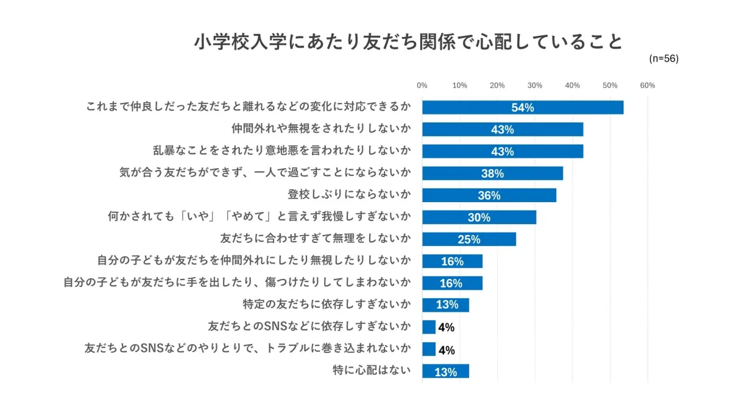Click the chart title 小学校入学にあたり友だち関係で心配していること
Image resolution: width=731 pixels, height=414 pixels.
tap(409, 42)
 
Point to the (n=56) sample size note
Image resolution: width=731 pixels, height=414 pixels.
tap(663, 59)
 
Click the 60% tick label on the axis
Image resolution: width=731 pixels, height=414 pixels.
tap(648, 86)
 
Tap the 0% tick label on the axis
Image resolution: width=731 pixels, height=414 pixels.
tap(422, 86)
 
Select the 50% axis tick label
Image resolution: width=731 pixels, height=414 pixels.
tap(610, 86)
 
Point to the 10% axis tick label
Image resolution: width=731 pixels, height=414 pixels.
tap(460, 86)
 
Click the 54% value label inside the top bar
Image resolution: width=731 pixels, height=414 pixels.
tap(523, 108)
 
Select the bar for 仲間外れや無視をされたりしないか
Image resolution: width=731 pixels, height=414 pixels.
tap(503, 129)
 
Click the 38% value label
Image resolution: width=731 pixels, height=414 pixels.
tap(492, 174)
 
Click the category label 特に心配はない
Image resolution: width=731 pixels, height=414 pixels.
tap(372, 370)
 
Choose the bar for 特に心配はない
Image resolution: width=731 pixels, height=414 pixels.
tap(445, 371)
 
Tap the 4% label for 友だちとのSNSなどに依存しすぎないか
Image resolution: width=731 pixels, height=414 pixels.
tap(446, 328)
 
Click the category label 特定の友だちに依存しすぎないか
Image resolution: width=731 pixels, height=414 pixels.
tap(327, 304)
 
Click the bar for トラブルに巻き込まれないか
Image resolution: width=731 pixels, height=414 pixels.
tap(429, 349)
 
